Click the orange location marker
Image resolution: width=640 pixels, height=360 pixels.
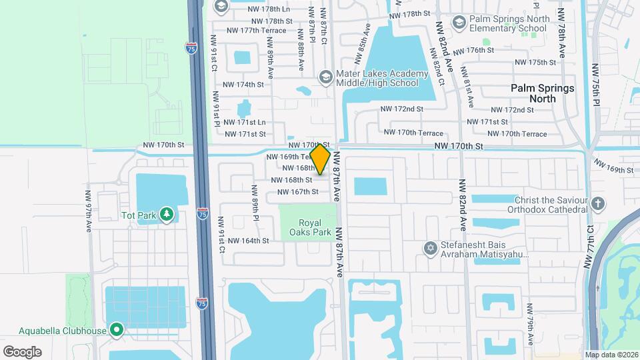[x=321, y=159]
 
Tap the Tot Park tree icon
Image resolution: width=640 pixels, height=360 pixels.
[x=166, y=215]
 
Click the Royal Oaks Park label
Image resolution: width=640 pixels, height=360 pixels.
[x=310, y=228]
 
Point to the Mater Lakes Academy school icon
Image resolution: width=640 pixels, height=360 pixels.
[x=325, y=77]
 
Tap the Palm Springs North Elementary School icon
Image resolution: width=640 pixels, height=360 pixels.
[x=459, y=23]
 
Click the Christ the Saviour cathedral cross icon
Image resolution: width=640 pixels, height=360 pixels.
[x=598, y=203]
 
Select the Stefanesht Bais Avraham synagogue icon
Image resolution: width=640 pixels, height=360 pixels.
[x=431, y=249]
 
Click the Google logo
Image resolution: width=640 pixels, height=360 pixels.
[x=22, y=351]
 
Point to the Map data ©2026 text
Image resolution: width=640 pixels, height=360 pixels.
[x=611, y=355]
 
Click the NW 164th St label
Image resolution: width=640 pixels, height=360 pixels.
[x=248, y=241]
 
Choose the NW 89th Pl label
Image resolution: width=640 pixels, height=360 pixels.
[x=255, y=203]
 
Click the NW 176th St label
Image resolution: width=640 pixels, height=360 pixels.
[x=473, y=50]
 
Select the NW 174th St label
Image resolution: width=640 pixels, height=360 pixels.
[x=243, y=85]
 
